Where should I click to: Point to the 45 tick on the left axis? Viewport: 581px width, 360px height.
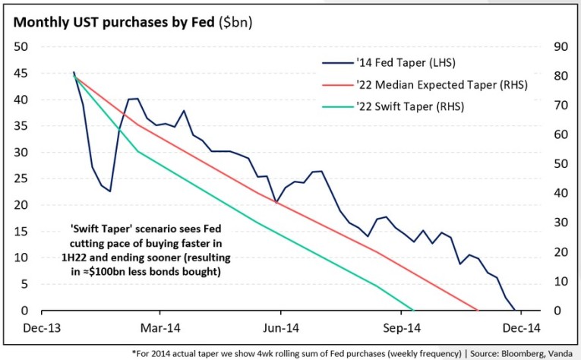pyautogui.click(x=22, y=73)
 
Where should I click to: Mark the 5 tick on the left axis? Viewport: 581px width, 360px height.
pyautogui.click(x=25, y=284)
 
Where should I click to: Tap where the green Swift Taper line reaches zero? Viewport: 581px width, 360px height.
pyautogui.click(x=412, y=310)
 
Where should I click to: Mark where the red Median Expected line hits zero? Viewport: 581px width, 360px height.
pyautogui.click(x=477, y=310)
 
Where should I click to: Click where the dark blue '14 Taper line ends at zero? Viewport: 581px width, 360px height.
pyautogui.click(x=514, y=310)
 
